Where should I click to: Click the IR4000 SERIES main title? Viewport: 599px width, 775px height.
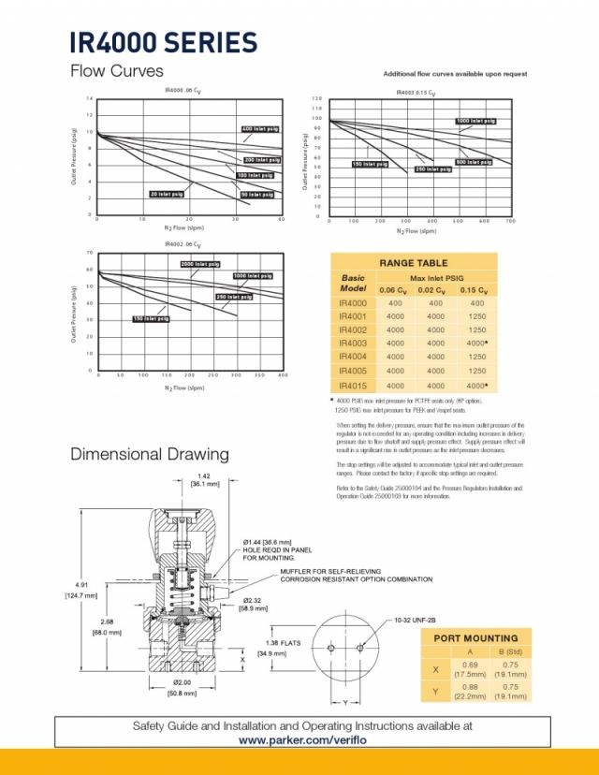[163, 43]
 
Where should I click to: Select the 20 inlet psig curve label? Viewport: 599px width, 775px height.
[166, 194]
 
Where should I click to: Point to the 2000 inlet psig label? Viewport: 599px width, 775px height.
[200, 265]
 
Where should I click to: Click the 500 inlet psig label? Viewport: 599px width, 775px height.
[473, 162]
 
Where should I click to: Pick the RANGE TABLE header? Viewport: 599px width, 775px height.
[414, 263]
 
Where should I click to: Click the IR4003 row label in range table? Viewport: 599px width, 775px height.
[354, 344]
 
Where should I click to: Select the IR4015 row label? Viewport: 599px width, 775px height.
[354, 385]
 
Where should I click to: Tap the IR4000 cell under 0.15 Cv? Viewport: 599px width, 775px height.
[477, 302]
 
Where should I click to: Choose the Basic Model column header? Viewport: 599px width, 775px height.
[354, 284]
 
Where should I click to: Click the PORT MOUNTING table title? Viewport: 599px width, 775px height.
[476, 638]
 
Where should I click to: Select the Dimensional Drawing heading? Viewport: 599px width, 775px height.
[150, 455]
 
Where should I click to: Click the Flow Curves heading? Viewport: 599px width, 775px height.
[117, 72]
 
